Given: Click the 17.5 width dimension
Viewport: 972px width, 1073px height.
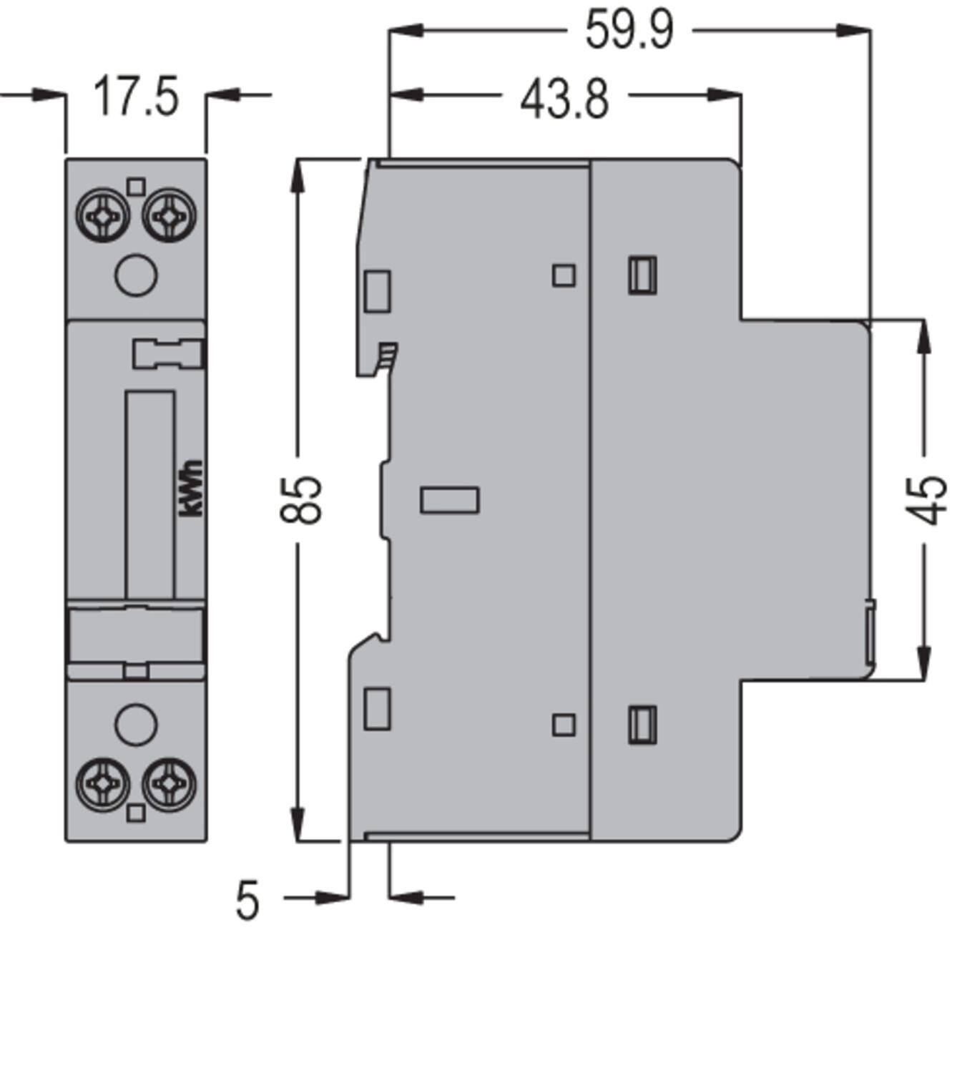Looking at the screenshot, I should [136, 97].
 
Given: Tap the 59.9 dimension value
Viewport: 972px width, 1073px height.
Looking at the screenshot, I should [629, 31].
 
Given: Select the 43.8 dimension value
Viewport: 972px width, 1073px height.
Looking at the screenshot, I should [564, 99].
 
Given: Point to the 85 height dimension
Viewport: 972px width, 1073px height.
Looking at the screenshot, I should [301, 499].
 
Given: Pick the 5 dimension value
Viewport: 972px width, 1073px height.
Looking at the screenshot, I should [247, 901].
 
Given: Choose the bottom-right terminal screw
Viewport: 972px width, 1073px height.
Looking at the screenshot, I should [169, 785].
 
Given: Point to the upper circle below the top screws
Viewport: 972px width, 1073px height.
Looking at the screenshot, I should [136, 275].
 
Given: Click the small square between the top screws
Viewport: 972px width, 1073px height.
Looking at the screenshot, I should [136, 187].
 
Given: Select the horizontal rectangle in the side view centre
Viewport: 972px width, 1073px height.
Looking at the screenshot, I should [449, 500].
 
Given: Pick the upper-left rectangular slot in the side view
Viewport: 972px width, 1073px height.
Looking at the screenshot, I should [377, 291].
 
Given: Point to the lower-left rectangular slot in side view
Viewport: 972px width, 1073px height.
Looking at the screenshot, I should [377, 708].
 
